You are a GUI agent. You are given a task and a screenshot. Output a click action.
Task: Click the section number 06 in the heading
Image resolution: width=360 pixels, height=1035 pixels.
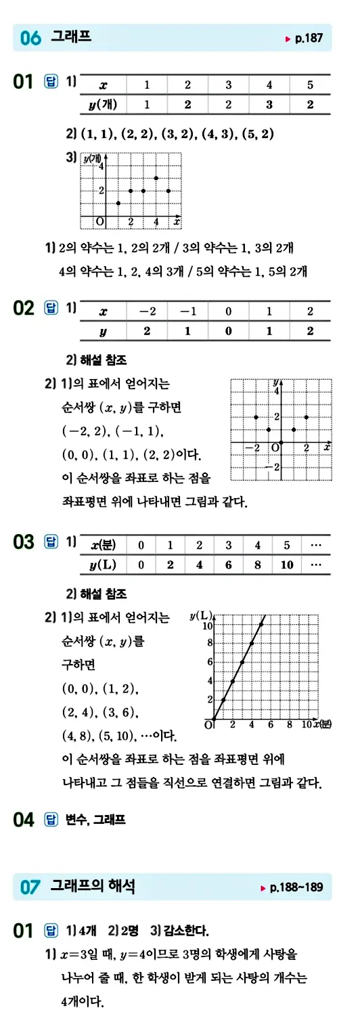(30, 39)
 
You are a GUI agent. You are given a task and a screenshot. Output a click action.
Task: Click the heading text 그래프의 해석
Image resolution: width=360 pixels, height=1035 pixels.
(93, 886)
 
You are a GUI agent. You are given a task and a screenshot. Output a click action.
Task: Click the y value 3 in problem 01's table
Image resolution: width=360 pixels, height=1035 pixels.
(269, 104)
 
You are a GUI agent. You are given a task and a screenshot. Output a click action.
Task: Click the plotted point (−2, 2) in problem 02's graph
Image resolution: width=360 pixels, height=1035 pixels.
(256, 417)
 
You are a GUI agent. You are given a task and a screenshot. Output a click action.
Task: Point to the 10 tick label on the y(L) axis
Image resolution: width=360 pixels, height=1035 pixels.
(208, 625)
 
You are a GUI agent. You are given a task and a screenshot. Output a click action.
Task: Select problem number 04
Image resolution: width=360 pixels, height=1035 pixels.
(23, 820)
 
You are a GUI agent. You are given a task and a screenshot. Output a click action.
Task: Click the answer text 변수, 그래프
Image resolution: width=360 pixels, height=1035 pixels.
(95, 820)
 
